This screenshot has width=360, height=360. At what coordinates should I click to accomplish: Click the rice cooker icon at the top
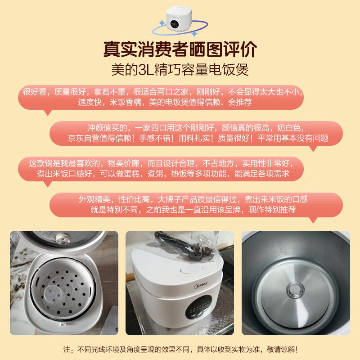(179, 18)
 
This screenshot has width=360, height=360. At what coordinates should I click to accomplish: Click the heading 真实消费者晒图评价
(180, 49)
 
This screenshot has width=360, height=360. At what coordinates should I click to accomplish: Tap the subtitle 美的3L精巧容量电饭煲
(180, 69)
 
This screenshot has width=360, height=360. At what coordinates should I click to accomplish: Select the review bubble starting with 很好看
(161, 97)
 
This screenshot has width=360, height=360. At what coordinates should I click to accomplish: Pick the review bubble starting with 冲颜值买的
(196, 133)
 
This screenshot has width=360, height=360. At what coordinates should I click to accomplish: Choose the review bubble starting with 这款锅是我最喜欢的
(161, 169)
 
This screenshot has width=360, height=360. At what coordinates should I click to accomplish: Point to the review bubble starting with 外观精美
(196, 205)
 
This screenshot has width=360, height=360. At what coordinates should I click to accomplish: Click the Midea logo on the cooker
(201, 285)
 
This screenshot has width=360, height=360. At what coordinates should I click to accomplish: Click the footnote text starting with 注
(180, 350)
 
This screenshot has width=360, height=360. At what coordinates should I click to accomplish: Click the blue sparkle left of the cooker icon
(162, 23)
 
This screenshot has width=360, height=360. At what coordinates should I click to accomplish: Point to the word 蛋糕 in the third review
(131, 174)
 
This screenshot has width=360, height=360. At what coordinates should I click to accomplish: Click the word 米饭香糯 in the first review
(125, 102)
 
